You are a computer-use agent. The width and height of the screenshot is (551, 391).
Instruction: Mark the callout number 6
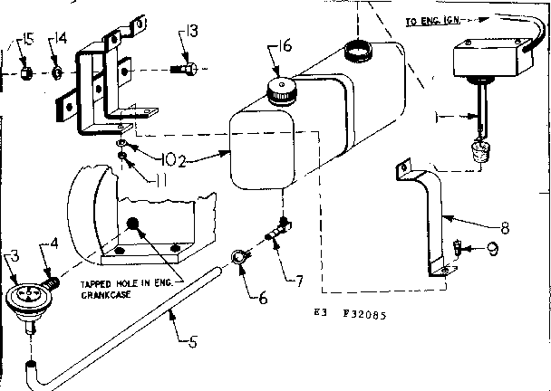(264, 296)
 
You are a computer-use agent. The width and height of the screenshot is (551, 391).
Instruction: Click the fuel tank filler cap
(281, 89)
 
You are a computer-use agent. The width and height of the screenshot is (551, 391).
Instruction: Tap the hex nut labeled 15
(27, 71)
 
